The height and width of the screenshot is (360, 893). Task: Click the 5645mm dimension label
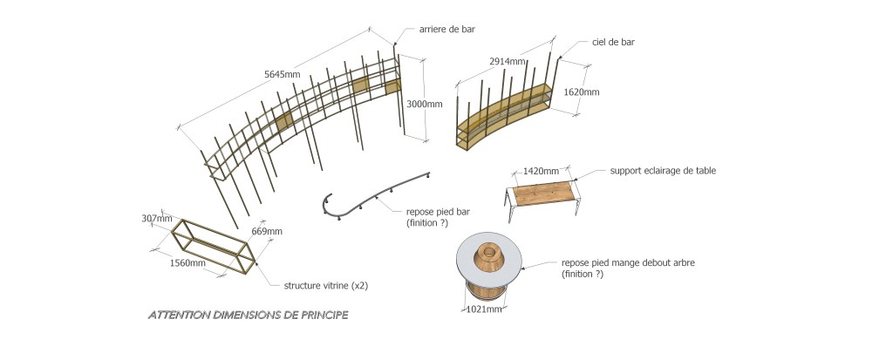point(282,74)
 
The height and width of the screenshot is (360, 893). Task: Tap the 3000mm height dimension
point(425,105)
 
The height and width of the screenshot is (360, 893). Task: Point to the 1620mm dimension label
point(581,92)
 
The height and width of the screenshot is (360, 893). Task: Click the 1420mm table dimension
point(541,171)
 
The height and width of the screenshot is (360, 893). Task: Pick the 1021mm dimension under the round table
point(484,309)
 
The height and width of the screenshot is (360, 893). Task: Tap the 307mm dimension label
point(157,218)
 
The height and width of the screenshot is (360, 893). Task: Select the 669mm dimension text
point(267,231)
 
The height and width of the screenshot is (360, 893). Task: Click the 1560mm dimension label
point(188,262)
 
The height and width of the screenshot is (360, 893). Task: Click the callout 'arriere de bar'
point(447,29)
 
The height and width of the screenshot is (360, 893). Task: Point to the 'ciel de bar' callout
point(613,42)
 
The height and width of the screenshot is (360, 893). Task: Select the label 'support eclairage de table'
point(663,170)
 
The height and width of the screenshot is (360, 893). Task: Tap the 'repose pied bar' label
point(438,212)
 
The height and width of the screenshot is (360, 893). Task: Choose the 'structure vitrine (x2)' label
point(326,285)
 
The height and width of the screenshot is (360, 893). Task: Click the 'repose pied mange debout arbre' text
point(628,263)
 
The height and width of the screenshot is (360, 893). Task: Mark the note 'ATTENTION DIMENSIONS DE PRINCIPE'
point(248,315)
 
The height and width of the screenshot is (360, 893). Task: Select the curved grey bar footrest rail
point(376,194)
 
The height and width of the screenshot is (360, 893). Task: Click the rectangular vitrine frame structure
point(214,246)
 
